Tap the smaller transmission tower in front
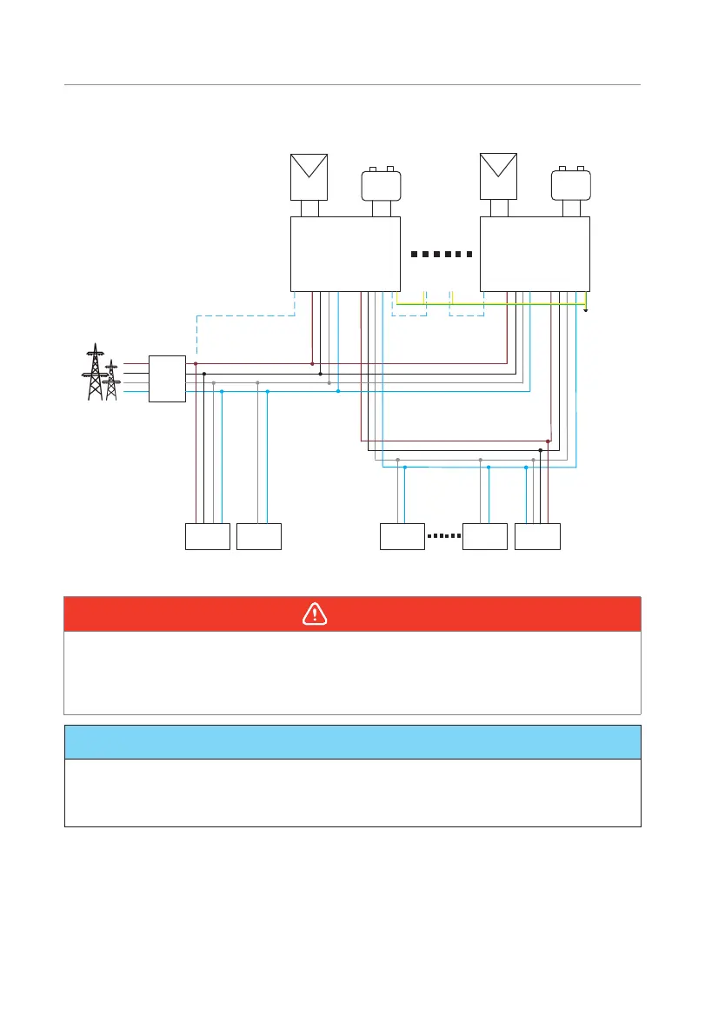click(x=110, y=382)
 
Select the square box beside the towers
click(x=167, y=378)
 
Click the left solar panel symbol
click(x=309, y=176)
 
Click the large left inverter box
click(x=344, y=254)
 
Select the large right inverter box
click(x=535, y=254)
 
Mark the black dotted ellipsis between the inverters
click(x=440, y=255)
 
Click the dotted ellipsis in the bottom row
click(x=443, y=536)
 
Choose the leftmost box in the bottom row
click(x=208, y=536)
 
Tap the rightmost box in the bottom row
click(x=538, y=536)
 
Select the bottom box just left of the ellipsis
click(x=402, y=536)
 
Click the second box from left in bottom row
click(x=259, y=536)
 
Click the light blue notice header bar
click(x=352, y=742)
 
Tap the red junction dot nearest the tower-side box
click(x=196, y=363)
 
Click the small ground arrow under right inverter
click(x=587, y=309)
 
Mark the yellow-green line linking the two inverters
click(x=491, y=304)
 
